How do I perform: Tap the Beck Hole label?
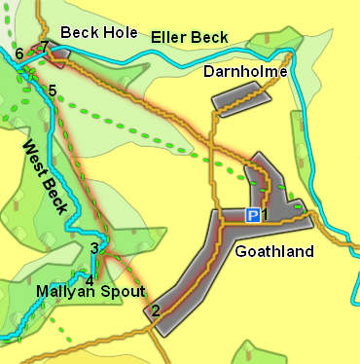98,33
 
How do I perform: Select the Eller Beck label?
190,38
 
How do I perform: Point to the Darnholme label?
245,72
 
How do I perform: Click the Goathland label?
274,252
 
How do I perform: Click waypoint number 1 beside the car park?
265,215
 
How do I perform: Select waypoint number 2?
154,311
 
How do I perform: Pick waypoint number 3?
93,248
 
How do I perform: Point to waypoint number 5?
52,91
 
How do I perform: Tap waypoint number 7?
44,46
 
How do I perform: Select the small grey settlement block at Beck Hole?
56,55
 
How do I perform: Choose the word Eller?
169,38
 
